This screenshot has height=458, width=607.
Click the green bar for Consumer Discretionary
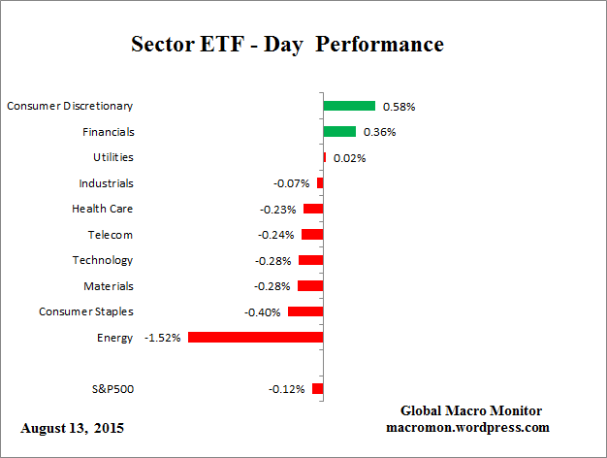(x=349, y=106)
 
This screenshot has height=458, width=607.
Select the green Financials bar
(x=339, y=131)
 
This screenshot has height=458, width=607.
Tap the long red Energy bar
(x=255, y=337)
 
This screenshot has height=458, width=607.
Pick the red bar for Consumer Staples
(x=305, y=311)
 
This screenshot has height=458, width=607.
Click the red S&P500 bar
(x=317, y=389)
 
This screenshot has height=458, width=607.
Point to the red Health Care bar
(x=313, y=209)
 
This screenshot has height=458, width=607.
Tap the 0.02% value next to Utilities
(x=349, y=157)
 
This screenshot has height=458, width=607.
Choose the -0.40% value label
(x=263, y=311)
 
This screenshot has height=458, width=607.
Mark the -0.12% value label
(x=286, y=389)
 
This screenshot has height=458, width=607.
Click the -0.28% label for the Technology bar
(x=274, y=260)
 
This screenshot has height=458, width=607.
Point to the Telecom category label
(x=110, y=234)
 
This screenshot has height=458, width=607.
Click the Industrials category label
(x=106, y=182)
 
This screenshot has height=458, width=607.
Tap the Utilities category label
(x=113, y=157)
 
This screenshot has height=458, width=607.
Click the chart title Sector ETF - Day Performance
(x=286, y=45)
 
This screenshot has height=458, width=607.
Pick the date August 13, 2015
(x=73, y=427)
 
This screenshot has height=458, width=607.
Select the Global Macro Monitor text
(x=470, y=410)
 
